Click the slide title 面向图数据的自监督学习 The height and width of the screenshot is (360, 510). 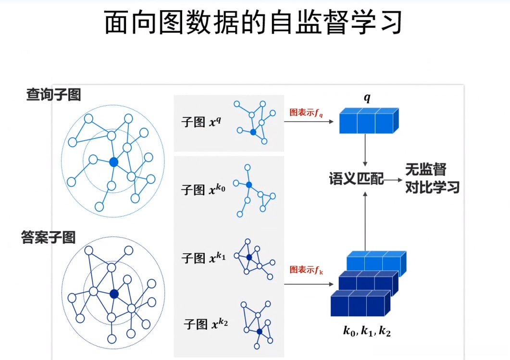(253, 23)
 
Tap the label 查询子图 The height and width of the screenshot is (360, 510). (53, 95)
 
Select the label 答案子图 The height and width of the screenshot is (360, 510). (49, 237)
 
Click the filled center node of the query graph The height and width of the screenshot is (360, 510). (113, 162)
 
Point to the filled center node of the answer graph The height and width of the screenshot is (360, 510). (114, 293)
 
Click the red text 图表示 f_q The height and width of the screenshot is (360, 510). (306, 113)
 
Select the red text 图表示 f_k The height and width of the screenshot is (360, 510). (306, 270)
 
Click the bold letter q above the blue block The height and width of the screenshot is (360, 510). (367, 98)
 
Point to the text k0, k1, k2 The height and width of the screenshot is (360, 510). (366, 330)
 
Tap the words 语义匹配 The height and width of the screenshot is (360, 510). (356, 179)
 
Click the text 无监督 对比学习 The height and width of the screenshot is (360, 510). (432, 178)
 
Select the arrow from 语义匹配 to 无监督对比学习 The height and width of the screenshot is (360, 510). (393, 180)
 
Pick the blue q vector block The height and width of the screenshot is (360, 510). (369, 121)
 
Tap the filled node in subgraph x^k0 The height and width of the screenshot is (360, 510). (249, 185)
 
